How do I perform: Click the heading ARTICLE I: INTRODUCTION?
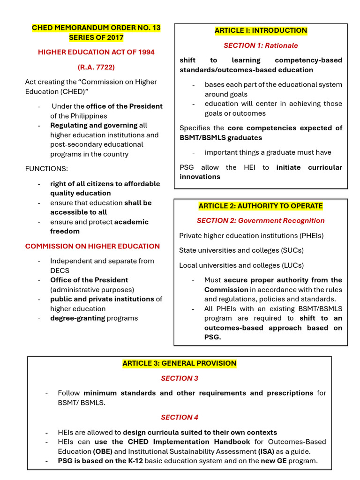click(261, 30)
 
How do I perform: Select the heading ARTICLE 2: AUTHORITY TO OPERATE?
click(261, 206)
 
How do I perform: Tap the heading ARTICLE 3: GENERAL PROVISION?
click(180, 363)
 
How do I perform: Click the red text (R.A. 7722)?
click(96, 67)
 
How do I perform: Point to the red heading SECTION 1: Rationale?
click(261, 45)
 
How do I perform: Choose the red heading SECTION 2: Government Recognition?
click(261, 220)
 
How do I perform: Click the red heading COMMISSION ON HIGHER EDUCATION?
click(92, 246)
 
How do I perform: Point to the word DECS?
click(60, 270)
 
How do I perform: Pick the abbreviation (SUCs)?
click(290, 250)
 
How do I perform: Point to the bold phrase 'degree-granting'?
click(77, 318)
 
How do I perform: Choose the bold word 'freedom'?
click(65, 231)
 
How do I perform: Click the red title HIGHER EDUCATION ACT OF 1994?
click(96, 52)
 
